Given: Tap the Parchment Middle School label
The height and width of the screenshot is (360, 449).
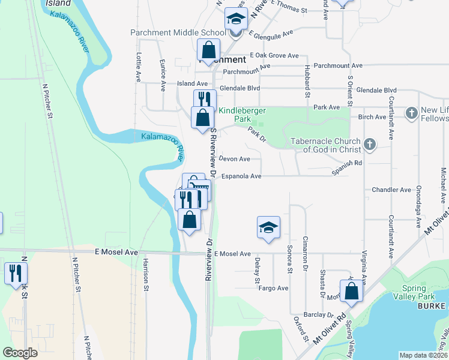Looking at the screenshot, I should [x=179, y=32].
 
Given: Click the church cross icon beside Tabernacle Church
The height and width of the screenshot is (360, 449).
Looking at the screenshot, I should [x=370, y=145].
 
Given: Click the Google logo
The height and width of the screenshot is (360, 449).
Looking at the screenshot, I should [x=20, y=353].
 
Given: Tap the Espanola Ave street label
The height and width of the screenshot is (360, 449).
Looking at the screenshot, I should [x=241, y=176].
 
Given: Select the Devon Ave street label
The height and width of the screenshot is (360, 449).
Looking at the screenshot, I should [x=235, y=159].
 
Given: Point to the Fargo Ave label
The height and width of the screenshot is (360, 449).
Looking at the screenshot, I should [x=274, y=288].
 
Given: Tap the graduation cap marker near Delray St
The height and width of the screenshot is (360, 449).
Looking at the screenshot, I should [x=268, y=227].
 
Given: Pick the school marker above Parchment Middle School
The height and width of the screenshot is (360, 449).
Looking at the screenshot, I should [x=236, y=19].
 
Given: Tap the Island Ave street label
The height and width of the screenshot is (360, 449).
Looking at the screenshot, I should [x=191, y=83].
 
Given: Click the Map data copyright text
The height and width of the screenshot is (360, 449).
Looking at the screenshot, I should [x=423, y=355].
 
